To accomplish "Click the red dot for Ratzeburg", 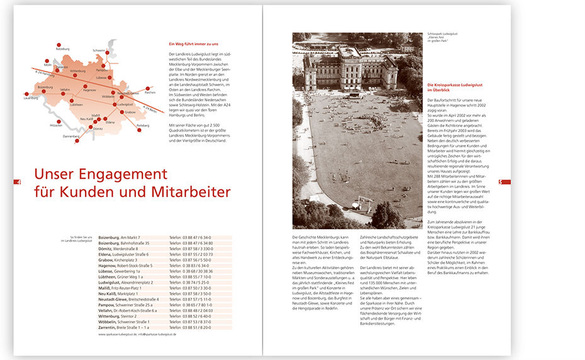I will (60, 43).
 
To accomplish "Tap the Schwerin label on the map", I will (99, 50).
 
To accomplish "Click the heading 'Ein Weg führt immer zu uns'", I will (194, 44).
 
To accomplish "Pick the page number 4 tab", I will (18, 182).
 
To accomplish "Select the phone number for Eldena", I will (192, 254).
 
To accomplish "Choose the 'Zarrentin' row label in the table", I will (111, 327).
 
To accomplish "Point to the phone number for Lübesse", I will (192, 271).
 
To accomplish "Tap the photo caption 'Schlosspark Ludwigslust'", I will (440, 35).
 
